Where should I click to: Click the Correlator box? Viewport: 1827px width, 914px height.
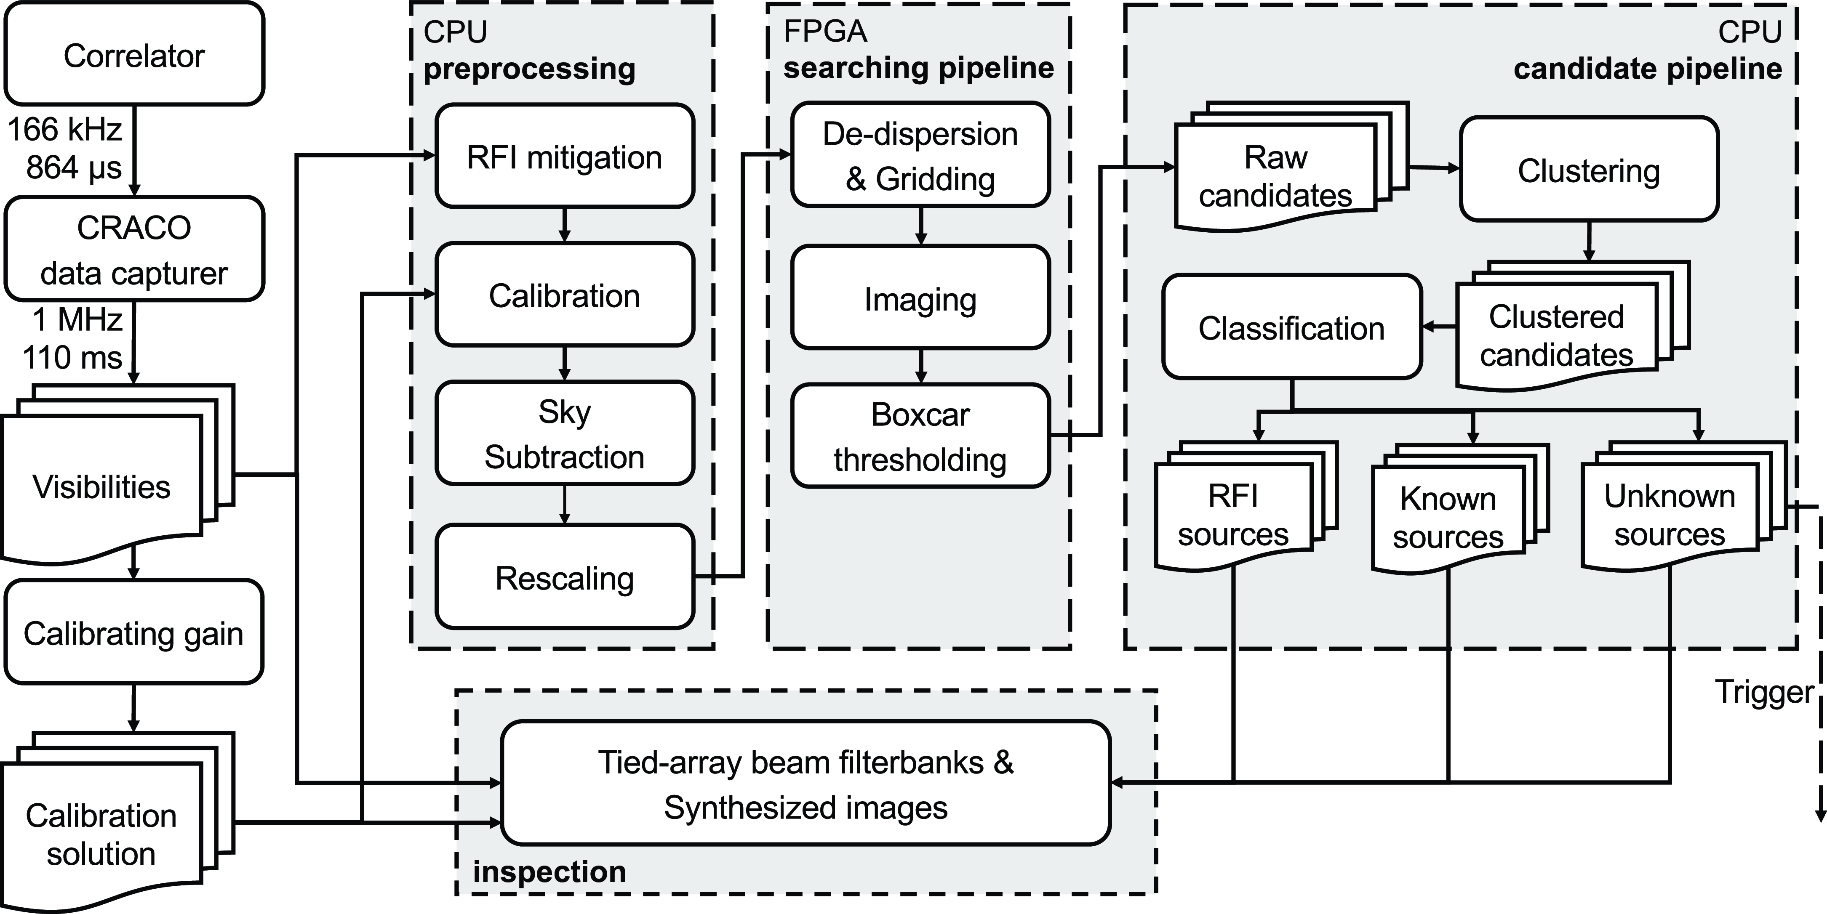pyautogui.click(x=134, y=55)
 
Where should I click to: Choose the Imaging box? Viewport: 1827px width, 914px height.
pyautogui.click(x=920, y=298)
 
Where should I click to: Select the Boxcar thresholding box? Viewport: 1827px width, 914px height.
pyautogui.click(x=920, y=436)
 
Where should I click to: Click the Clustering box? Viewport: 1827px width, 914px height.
pyautogui.click(x=1588, y=170)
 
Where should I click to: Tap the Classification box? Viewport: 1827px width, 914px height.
pyautogui.click(x=1291, y=327)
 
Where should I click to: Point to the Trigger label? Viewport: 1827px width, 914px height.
pyautogui.click(x=1764, y=691)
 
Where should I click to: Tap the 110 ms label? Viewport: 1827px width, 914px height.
pyautogui.click(x=72, y=357)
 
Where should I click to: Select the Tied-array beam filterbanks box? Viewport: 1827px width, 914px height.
pyautogui.click(x=805, y=784)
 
